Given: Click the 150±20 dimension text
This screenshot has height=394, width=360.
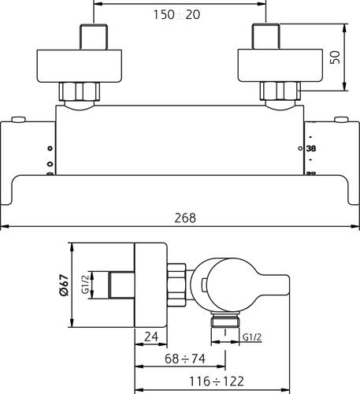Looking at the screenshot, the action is (x=176, y=14).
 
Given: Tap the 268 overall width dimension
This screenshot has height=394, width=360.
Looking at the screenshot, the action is (x=185, y=218).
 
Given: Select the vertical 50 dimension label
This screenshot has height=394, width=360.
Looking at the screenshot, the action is (x=335, y=58).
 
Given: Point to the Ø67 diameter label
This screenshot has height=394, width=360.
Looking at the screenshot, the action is (x=64, y=286).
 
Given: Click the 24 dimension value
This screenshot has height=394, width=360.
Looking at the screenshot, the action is (x=151, y=336).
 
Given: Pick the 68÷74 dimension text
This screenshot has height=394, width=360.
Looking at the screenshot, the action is (x=185, y=359).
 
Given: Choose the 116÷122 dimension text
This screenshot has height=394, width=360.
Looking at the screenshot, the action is (x=217, y=381).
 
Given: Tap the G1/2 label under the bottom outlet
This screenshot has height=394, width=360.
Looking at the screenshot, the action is (x=252, y=337).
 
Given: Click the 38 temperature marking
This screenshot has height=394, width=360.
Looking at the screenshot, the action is (x=311, y=149).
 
